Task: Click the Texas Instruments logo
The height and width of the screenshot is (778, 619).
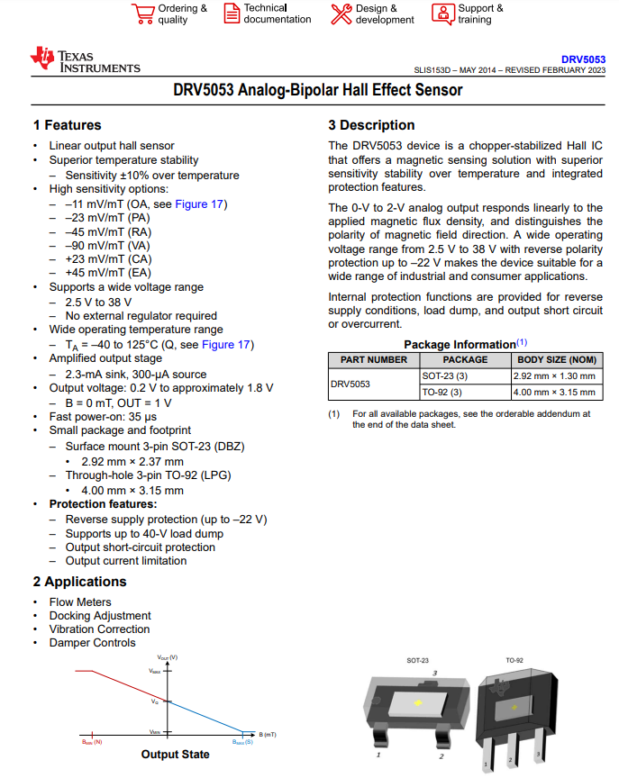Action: point(85,60)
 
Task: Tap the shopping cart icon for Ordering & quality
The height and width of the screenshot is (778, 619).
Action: point(142,14)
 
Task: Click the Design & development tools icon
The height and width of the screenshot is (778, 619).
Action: point(341,14)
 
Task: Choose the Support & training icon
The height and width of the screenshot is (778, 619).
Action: point(443,14)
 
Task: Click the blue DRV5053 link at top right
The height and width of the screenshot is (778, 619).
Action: point(583,59)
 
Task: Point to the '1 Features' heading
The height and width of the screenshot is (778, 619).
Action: point(68,125)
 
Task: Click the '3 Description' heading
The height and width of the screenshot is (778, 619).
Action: point(371,125)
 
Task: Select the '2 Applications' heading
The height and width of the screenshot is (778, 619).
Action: point(80,582)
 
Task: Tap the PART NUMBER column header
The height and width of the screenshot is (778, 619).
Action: point(374,359)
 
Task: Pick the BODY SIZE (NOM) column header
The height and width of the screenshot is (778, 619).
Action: point(556,359)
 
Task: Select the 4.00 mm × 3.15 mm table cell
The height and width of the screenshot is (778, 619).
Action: point(554,392)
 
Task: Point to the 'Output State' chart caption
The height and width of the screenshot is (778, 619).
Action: point(176,755)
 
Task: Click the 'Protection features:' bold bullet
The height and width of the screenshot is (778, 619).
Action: point(103,504)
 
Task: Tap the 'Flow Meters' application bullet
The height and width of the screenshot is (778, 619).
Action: point(80,602)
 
